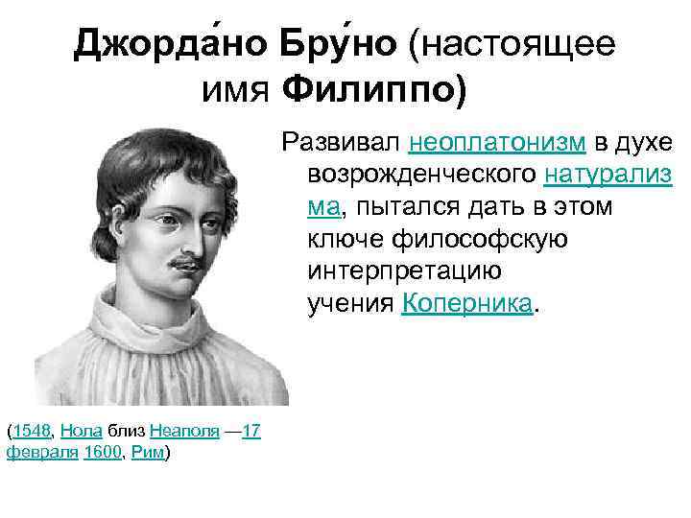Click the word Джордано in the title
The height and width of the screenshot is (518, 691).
[170, 44]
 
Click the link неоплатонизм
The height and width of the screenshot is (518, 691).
[497, 143]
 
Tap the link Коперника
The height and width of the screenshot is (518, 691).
[466, 304]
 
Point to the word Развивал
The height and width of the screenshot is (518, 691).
[340, 143]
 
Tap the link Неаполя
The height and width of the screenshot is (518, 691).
[182, 432]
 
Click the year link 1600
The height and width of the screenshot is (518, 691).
[101, 453]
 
